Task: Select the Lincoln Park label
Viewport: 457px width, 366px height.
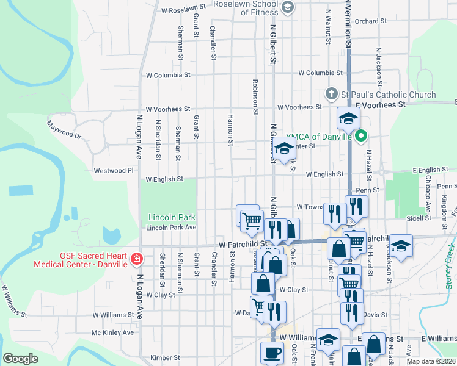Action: click(x=172, y=217)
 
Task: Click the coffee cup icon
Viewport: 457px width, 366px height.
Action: click(x=272, y=352)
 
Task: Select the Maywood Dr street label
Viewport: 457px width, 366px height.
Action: click(x=64, y=129)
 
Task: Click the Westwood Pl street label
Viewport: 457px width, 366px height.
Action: click(x=113, y=171)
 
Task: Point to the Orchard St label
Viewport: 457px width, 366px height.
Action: click(x=371, y=21)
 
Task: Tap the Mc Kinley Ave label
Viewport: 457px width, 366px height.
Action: click(x=112, y=332)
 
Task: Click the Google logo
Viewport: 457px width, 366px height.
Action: click(x=20, y=359)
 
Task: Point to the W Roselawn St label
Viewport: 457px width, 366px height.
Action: click(x=184, y=10)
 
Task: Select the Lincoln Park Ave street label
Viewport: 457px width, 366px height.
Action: click(x=171, y=228)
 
